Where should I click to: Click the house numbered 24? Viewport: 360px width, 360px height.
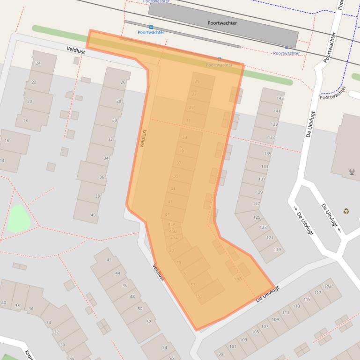click(38, 63)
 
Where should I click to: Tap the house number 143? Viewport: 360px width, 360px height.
click(280, 98)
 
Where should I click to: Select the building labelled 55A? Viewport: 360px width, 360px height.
click(238, 279)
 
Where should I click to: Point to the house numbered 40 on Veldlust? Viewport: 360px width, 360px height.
click(93, 215)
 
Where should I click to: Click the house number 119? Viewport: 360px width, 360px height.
click(277, 250)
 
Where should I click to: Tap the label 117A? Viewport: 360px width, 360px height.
click(326, 287)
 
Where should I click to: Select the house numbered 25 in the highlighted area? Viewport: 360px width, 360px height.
click(197, 82)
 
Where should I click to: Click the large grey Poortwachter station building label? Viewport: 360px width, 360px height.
click(222, 22)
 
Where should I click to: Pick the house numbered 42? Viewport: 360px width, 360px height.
click(109, 260)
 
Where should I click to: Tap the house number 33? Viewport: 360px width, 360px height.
click(184, 137)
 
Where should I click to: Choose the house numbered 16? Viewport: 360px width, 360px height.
click(7, 141)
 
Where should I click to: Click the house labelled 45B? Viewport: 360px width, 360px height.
click(173, 231)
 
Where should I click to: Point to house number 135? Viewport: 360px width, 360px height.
click(267, 154)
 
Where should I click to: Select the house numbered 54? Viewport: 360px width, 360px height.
click(164, 347)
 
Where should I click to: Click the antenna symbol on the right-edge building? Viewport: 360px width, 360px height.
click(352, 172)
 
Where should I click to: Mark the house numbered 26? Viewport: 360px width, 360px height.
click(123, 82)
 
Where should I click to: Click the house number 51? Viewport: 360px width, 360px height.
click(185, 274)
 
